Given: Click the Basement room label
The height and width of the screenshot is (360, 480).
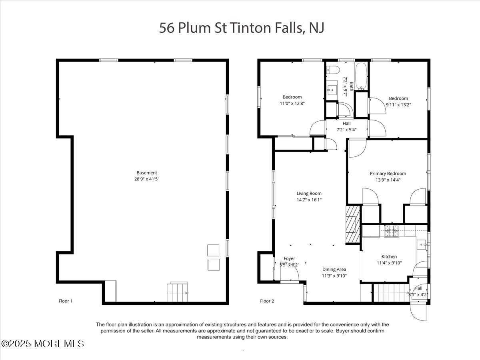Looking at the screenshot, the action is click(x=147, y=173).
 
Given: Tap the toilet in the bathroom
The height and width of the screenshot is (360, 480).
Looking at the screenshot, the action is click(x=333, y=70).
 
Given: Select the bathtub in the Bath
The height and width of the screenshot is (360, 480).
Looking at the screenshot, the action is click(x=361, y=76).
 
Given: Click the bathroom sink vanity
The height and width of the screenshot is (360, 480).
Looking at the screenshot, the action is click(x=332, y=90).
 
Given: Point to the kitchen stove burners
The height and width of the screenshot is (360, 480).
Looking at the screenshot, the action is click(x=392, y=231).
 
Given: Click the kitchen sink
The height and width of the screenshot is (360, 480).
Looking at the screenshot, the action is click(x=421, y=244).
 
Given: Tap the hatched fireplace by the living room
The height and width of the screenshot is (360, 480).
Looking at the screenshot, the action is click(x=353, y=224).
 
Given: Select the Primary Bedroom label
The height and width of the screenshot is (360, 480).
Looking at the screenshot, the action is click(x=388, y=174).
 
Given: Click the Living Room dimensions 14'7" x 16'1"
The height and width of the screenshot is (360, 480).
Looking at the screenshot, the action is click(x=309, y=200).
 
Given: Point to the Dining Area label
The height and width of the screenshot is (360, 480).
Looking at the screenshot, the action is click(x=334, y=270).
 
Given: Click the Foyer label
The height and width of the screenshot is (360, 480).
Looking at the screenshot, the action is click(x=289, y=258).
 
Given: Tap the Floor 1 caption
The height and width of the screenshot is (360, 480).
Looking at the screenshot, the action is click(x=65, y=301).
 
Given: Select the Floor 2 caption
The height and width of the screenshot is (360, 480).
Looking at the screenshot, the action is click(x=267, y=301).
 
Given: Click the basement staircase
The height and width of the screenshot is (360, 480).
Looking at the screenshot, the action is click(x=177, y=292).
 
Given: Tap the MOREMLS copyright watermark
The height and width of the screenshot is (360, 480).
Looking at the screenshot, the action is click(x=42, y=344).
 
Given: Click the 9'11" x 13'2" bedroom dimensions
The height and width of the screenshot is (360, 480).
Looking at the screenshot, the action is click(x=398, y=105).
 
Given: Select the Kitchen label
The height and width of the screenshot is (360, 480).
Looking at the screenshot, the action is click(x=389, y=257).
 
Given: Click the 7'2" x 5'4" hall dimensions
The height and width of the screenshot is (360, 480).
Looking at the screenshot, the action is click(x=346, y=130).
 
